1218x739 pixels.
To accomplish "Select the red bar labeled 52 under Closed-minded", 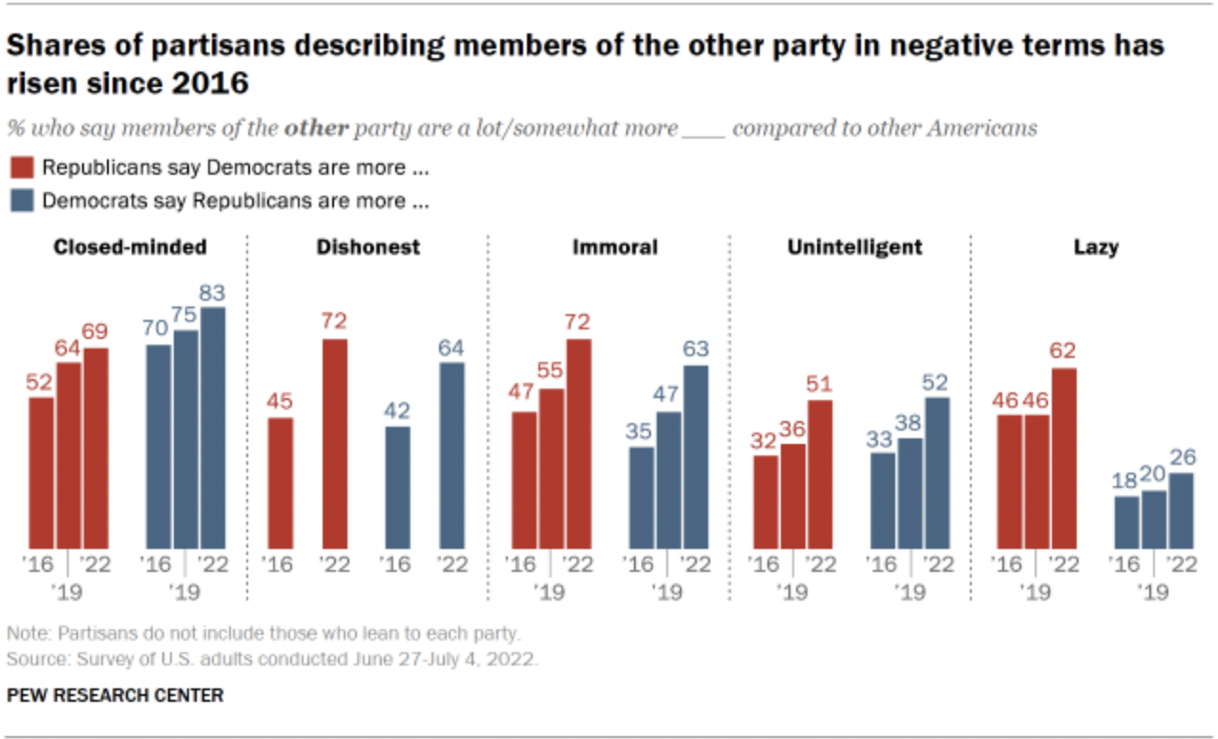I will click(41, 473).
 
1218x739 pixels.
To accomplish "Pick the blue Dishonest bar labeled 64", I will click(451, 455).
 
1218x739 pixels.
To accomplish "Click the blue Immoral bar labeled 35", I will click(640, 497).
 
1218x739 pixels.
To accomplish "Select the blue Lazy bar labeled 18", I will click(1127, 522).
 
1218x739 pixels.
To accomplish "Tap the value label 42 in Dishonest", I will click(396, 411).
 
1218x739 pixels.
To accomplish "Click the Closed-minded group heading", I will click(130, 247).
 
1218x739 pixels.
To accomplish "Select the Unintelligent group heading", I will click(854, 247).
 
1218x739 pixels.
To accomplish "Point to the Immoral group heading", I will click(615, 247).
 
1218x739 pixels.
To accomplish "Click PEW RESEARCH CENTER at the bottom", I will click(115, 695).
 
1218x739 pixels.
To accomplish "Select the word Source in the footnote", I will click(31, 660).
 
